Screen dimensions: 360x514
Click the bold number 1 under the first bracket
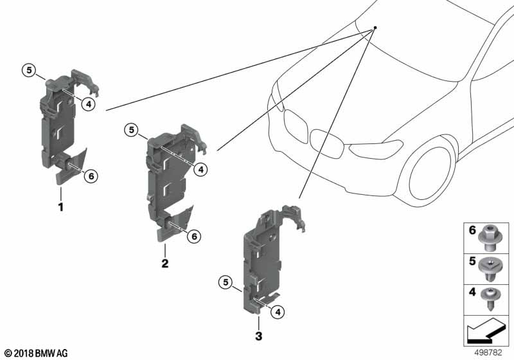click(x=61, y=208)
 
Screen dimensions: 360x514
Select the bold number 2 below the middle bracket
click(x=165, y=264)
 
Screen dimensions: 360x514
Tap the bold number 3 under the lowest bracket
click(x=258, y=336)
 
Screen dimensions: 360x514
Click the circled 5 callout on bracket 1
click(x=28, y=70)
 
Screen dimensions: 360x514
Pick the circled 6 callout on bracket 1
click(x=91, y=175)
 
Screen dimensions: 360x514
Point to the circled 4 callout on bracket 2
click(x=201, y=169)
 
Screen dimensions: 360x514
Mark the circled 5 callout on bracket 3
click(x=224, y=281)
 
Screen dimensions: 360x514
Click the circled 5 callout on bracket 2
click(x=132, y=130)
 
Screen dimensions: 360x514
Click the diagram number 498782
click(x=493, y=352)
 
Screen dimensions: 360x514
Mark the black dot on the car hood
click(x=375, y=28)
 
